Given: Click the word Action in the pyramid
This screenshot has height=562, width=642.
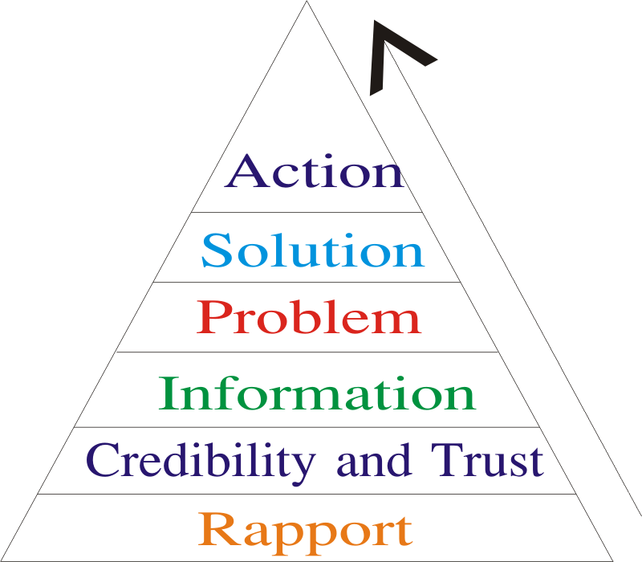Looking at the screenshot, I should tap(314, 172).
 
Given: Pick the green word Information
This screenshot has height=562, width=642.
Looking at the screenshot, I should tap(317, 394).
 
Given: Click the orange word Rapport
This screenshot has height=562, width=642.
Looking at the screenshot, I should tap(306, 530).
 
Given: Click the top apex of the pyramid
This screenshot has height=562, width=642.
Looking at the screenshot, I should tap(307, 4).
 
